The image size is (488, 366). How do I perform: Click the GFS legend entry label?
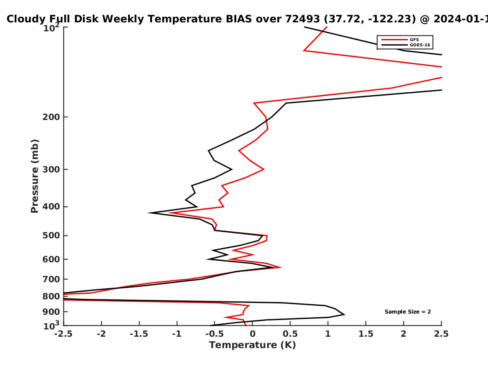click(414, 39)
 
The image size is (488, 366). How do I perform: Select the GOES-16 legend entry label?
click(420, 45)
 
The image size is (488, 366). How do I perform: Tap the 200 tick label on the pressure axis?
click(51, 117)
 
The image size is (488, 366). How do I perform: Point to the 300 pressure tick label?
click(51, 170)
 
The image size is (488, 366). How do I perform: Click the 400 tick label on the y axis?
click(51, 207)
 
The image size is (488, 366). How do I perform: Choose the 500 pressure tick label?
click(51, 235)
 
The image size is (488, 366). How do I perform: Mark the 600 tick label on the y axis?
click(51, 259)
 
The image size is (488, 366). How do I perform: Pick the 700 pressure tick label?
click(51, 279)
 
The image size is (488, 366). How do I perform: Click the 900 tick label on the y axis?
click(51, 312)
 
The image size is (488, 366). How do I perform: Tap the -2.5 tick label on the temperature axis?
click(63, 334)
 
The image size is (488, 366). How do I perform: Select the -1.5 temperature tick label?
click(139, 334)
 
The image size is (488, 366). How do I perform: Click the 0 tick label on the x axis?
click(253, 334)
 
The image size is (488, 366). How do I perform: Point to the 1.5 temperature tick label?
click(366, 334)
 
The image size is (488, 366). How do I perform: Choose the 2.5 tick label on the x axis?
click(441, 334)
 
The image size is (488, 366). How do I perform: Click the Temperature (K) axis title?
click(253, 345)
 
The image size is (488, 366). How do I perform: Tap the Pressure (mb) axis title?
click(35, 176)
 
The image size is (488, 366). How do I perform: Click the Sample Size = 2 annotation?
click(408, 312)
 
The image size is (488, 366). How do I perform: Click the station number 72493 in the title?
click(303, 19)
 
